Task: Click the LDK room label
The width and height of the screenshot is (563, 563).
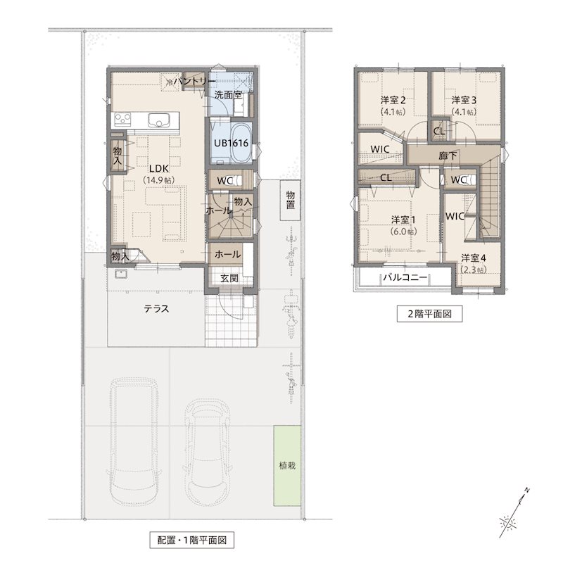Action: pyautogui.click(x=159, y=168)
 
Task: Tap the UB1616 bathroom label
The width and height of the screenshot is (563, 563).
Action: pyautogui.click(x=232, y=143)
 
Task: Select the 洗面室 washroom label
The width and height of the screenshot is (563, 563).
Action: pyautogui.click(x=228, y=95)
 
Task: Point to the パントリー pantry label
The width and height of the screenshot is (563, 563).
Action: pyautogui.click(x=195, y=82)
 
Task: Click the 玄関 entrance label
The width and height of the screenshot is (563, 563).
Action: pyautogui.click(x=229, y=278)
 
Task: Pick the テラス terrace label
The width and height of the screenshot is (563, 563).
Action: pyautogui.click(x=156, y=309)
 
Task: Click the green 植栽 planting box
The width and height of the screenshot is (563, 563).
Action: pyautogui.click(x=287, y=466)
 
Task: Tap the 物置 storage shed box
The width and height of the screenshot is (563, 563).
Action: pyautogui.click(x=291, y=200)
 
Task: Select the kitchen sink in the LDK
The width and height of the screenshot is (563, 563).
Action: pyautogui.click(x=158, y=120)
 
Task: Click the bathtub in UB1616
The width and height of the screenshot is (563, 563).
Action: pyautogui.click(x=241, y=144)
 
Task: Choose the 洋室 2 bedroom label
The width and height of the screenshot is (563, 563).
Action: pyautogui.click(x=393, y=100)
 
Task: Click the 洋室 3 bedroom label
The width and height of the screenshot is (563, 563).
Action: pyautogui.click(x=464, y=100)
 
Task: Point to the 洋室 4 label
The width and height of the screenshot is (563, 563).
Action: pyautogui.click(x=474, y=258)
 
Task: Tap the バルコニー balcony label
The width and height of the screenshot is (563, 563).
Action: pyautogui.click(x=405, y=277)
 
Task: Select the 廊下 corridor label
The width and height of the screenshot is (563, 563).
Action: pyautogui.click(x=448, y=156)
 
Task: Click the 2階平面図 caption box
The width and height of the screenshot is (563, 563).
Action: pyautogui.click(x=429, y=314)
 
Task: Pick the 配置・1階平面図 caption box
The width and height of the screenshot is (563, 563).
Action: pyautogui.click(x=191, y=540)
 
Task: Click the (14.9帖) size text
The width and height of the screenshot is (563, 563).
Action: pyautogui.click(x=159, y=180)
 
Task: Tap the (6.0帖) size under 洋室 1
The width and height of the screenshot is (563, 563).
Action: pyautogui.click(x=403, y=232)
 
